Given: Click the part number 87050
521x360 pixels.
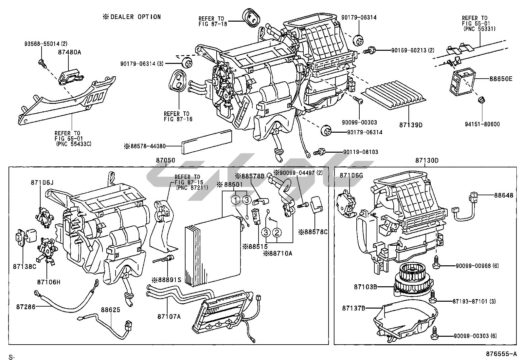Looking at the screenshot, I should click(166, 161).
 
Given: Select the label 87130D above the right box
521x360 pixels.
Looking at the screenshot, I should click(427, 161).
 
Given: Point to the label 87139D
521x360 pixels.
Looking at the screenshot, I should click(411, 125).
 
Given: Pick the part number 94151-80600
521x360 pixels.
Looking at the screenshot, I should click(483, 124).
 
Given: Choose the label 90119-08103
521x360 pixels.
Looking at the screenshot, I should click(361, 152).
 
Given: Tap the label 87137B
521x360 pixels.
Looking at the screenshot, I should click(354, 308).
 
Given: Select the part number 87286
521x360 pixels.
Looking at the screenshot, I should click(25, 307).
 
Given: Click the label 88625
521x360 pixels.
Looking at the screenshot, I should click(110, 309).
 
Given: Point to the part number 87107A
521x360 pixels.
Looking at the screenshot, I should click(169, 316).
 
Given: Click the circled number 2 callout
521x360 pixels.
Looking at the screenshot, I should click(277, 232).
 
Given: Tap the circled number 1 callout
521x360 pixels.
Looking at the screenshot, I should click(235, 199).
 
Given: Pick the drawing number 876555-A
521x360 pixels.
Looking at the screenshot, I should click(501, 354).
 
